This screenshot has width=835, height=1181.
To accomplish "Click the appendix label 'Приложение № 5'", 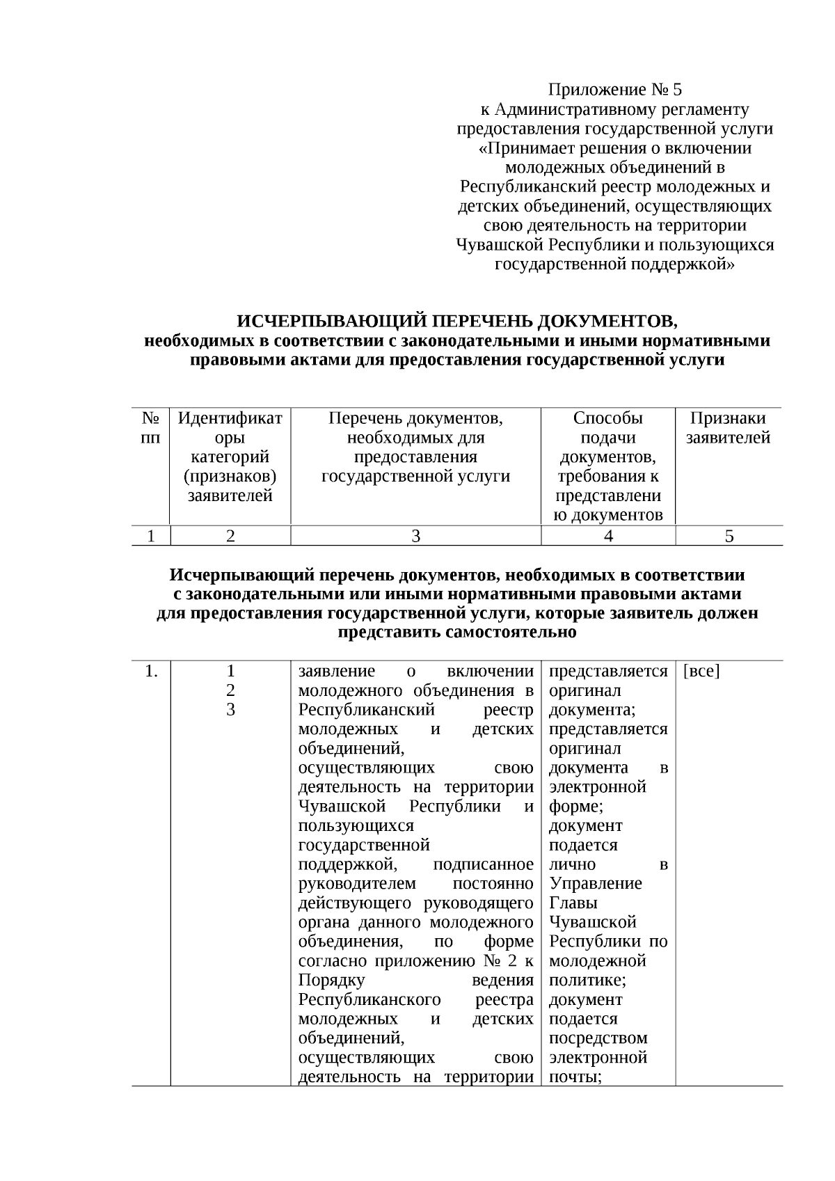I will (615, 90).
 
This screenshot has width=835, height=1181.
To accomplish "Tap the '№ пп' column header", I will (151, 428).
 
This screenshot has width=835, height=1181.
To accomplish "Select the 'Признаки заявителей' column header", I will (728, 428).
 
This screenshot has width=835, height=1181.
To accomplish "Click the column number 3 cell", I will (415, 536).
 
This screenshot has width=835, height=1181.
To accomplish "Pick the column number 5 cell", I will (729, 536).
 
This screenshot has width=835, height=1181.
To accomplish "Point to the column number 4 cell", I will (608, 536).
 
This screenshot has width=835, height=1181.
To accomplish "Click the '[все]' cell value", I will (701, 672).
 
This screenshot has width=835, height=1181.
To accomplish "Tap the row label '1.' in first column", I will (151, 672).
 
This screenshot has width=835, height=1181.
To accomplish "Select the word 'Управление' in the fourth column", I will (595, 884).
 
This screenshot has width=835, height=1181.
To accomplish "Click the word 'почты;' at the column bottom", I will (575, 1077).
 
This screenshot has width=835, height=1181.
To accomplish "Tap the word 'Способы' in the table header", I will (607, 418).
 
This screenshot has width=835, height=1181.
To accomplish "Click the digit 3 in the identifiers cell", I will (230, 710).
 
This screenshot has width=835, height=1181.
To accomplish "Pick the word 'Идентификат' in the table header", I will (230, 418).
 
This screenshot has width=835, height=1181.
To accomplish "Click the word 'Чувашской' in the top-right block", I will (500, 245).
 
